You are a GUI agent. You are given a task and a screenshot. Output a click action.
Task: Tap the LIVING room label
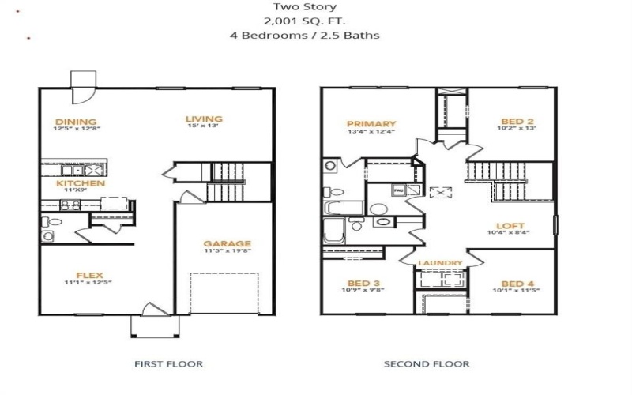pos(204,119)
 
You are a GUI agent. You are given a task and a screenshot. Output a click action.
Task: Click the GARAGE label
pos(227,244)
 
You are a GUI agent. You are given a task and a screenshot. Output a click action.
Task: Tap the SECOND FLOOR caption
pos(427,364)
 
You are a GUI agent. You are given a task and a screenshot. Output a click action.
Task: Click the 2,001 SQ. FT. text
pos(317,21)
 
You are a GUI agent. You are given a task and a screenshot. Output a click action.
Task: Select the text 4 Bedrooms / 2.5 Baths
pos(317,36)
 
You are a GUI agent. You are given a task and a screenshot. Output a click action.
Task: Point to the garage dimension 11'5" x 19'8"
pos(227,252)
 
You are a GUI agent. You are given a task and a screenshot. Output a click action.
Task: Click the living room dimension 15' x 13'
pos(204,127)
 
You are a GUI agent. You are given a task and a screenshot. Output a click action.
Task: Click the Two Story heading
pos(317,6)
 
